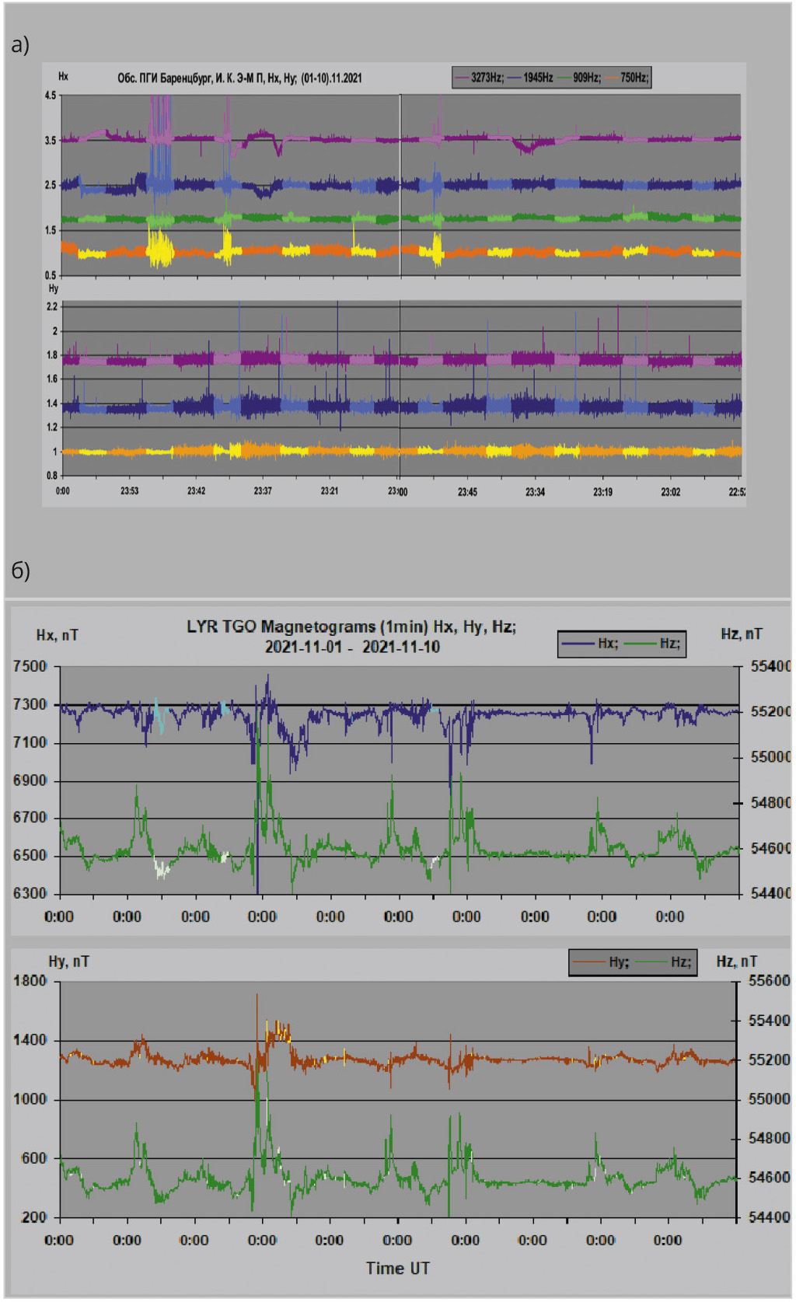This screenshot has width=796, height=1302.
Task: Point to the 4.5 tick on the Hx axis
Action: point(51,96)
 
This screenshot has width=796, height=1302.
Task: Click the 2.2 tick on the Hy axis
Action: point(52,307)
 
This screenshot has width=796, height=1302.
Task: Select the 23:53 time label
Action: point(129,491)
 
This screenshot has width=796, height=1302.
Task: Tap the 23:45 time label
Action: point(467,492)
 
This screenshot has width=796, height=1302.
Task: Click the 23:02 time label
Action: point(670,492)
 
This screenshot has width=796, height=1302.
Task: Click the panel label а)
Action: point(20,45)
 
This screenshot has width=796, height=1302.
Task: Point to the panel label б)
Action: point(20,571)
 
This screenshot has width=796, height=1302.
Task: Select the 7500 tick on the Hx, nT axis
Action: point(30,667)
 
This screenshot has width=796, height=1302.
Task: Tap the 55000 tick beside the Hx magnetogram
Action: point(770,757)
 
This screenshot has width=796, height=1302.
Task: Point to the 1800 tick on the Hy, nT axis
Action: point(30,981)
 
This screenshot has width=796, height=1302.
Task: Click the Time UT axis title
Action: point(398,1269)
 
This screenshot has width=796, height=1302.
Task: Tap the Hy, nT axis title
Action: point(68,962)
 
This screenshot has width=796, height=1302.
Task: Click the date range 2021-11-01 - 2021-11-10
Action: point(352,647)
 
